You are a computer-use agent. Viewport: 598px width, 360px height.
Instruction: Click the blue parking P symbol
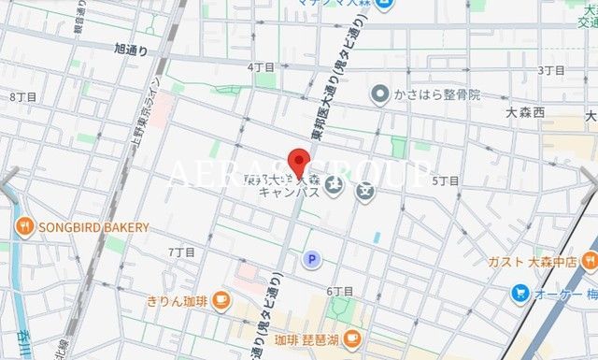310,260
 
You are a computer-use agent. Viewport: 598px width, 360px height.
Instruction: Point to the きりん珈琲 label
178,300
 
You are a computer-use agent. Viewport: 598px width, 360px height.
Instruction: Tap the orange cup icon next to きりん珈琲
221,299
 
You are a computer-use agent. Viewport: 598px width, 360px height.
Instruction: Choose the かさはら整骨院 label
436,94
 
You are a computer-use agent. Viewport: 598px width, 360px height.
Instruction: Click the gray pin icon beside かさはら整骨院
380,94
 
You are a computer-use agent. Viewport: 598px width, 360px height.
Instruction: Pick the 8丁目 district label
23,97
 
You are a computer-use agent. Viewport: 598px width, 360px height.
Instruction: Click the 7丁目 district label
181,252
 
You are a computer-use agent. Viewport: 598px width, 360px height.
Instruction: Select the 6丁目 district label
340,292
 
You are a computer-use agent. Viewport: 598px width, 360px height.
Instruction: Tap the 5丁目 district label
445,180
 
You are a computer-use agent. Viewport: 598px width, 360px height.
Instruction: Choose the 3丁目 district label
552,71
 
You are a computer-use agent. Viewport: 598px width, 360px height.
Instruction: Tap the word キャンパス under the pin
290,193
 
